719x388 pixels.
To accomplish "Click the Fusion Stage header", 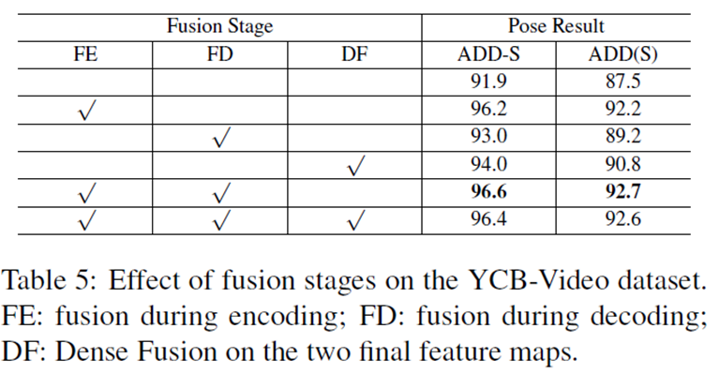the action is [x=219, y=26].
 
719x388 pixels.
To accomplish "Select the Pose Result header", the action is [x=556, y=25].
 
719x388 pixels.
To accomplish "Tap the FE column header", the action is [x=85, y=54].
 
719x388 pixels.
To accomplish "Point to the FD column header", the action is [x=220, y=54].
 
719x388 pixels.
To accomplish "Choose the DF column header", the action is [x=354, y=54].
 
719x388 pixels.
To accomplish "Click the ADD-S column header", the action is [x=488, y=54].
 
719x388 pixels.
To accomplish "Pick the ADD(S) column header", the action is [x=623, y=54].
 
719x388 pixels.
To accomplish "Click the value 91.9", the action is [x=488, y=82].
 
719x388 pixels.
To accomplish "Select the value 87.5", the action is [x=623, y=82].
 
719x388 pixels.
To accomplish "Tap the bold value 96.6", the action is [x=488, y=191].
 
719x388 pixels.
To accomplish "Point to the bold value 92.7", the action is [x=623, y=191].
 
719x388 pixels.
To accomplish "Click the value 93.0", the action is [x=488, y=136].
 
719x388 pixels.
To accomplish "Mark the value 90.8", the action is [x=623, y=164].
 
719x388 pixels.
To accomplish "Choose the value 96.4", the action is [x=488, y=218].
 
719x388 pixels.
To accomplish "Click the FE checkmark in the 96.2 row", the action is [x=86, y=111].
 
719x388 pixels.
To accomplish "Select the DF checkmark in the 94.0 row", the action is [x=356, y=166].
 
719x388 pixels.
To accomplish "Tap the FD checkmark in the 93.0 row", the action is [x=221, y=138].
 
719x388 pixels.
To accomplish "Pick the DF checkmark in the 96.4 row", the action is [x=356, y=220].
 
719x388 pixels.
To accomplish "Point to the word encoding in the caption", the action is [x=287, y=318].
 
